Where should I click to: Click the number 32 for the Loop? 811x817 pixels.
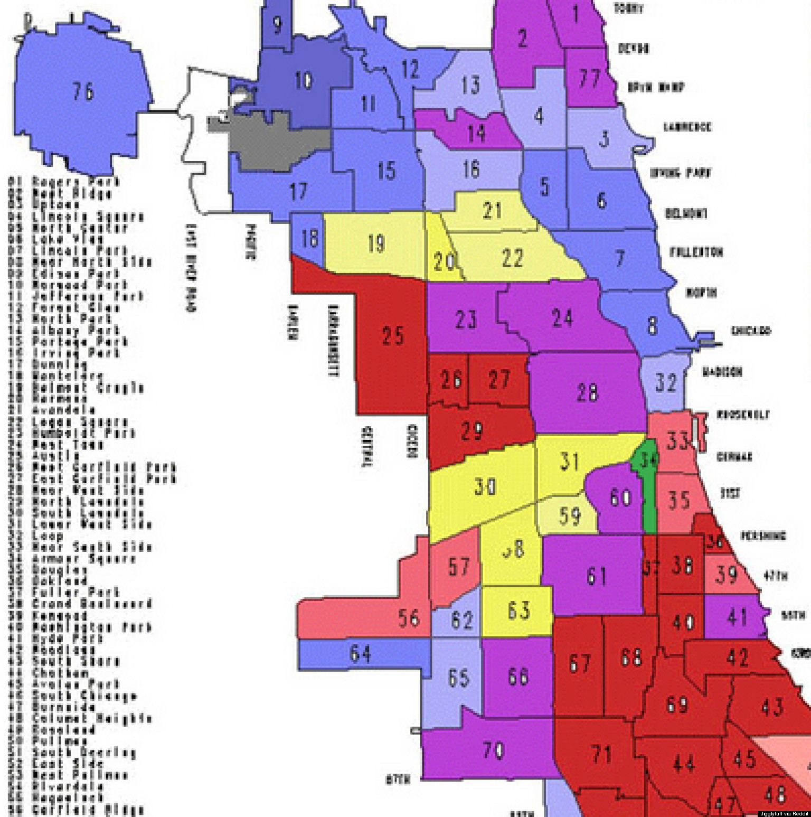click(x=665, y=382)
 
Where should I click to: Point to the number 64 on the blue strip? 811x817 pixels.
click(x=361, y=653)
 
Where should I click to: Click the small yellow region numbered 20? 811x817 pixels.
click(x=444, y=260)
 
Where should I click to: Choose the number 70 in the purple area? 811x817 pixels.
click(x=494, y=750)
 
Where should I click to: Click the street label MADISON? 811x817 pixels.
click(x=722, y=372)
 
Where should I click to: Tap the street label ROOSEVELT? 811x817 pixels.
click(x=742, y=415)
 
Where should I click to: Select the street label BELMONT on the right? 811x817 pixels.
click(x=686, y=213)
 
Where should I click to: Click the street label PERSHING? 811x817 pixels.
click(x=763, y=536)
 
